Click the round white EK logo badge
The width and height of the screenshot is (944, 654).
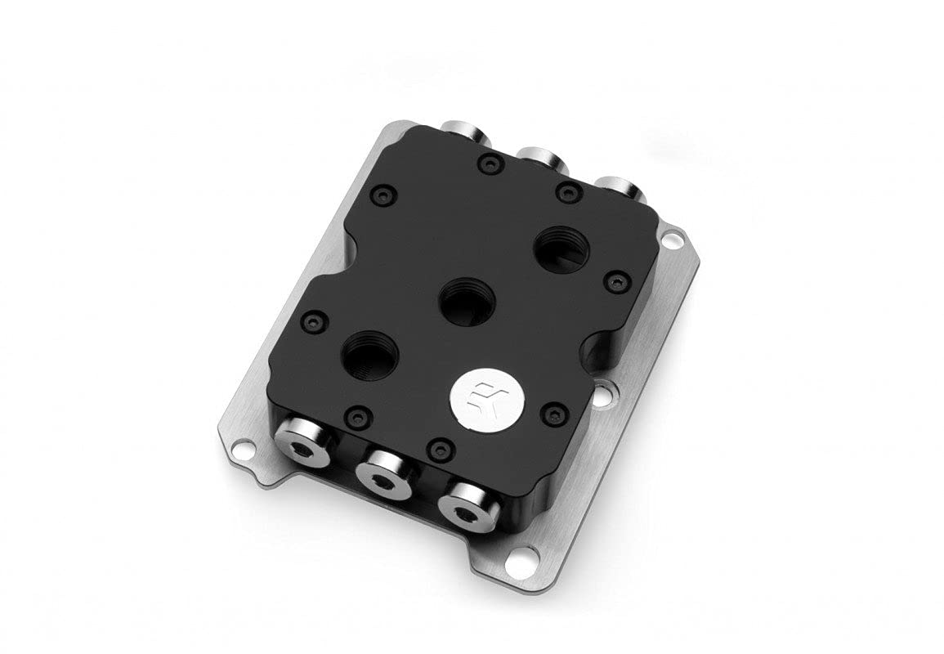[476, 396]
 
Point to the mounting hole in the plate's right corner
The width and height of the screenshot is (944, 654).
[670, 240]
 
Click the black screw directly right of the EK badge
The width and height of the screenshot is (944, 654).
[554, 414]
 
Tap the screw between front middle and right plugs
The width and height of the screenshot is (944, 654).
[441, 448]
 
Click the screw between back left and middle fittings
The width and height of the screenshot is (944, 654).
[489, 164]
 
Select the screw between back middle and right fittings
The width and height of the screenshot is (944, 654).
[566, 193]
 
